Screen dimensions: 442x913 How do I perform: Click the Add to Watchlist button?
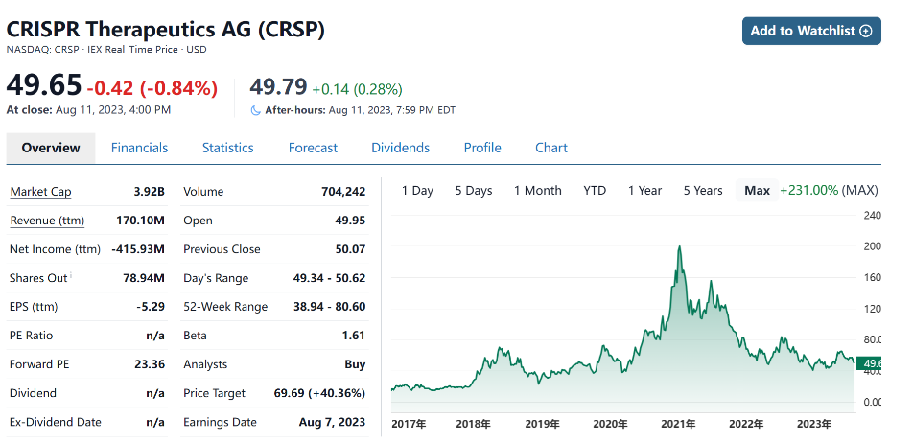[x=811, y=31]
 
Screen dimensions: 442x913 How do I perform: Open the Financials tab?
[x=139, y=148]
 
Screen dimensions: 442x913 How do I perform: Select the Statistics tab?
[x=227, y=148]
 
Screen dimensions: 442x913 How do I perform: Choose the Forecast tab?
[x=313, y=148]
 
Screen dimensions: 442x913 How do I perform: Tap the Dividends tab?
[x=400, y=148]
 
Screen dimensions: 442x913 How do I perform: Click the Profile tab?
[x=482, y=148]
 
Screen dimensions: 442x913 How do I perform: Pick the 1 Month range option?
[x=537, y=190]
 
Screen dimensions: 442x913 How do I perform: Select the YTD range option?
[x=595, y=190]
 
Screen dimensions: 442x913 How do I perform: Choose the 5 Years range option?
[x=703, y=190]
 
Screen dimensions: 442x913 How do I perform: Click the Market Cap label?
[x=40, y=192]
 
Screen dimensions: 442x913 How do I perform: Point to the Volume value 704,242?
[x=343, y=192]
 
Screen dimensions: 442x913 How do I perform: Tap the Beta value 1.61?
[x=354, y=336]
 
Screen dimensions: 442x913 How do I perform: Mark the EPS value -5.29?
[x=151, y=307]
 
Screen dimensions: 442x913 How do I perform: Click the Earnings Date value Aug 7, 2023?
[x=332, y=422]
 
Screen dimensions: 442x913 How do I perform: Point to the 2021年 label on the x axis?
[x=677, y=424]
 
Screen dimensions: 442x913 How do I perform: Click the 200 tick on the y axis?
[x=873, y=246]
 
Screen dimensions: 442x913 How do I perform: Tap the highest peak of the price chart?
[x=679, y=247]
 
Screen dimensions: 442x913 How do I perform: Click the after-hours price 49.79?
[x=278, y=87]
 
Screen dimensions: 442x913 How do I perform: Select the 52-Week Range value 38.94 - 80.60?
[x=329, y=307]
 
